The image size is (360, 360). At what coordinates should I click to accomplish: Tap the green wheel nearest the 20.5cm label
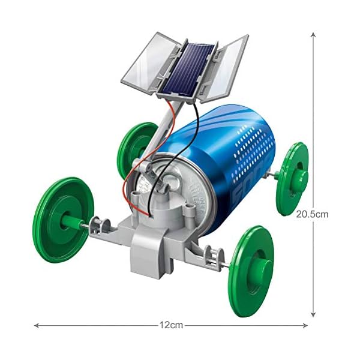tap(292, 178)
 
